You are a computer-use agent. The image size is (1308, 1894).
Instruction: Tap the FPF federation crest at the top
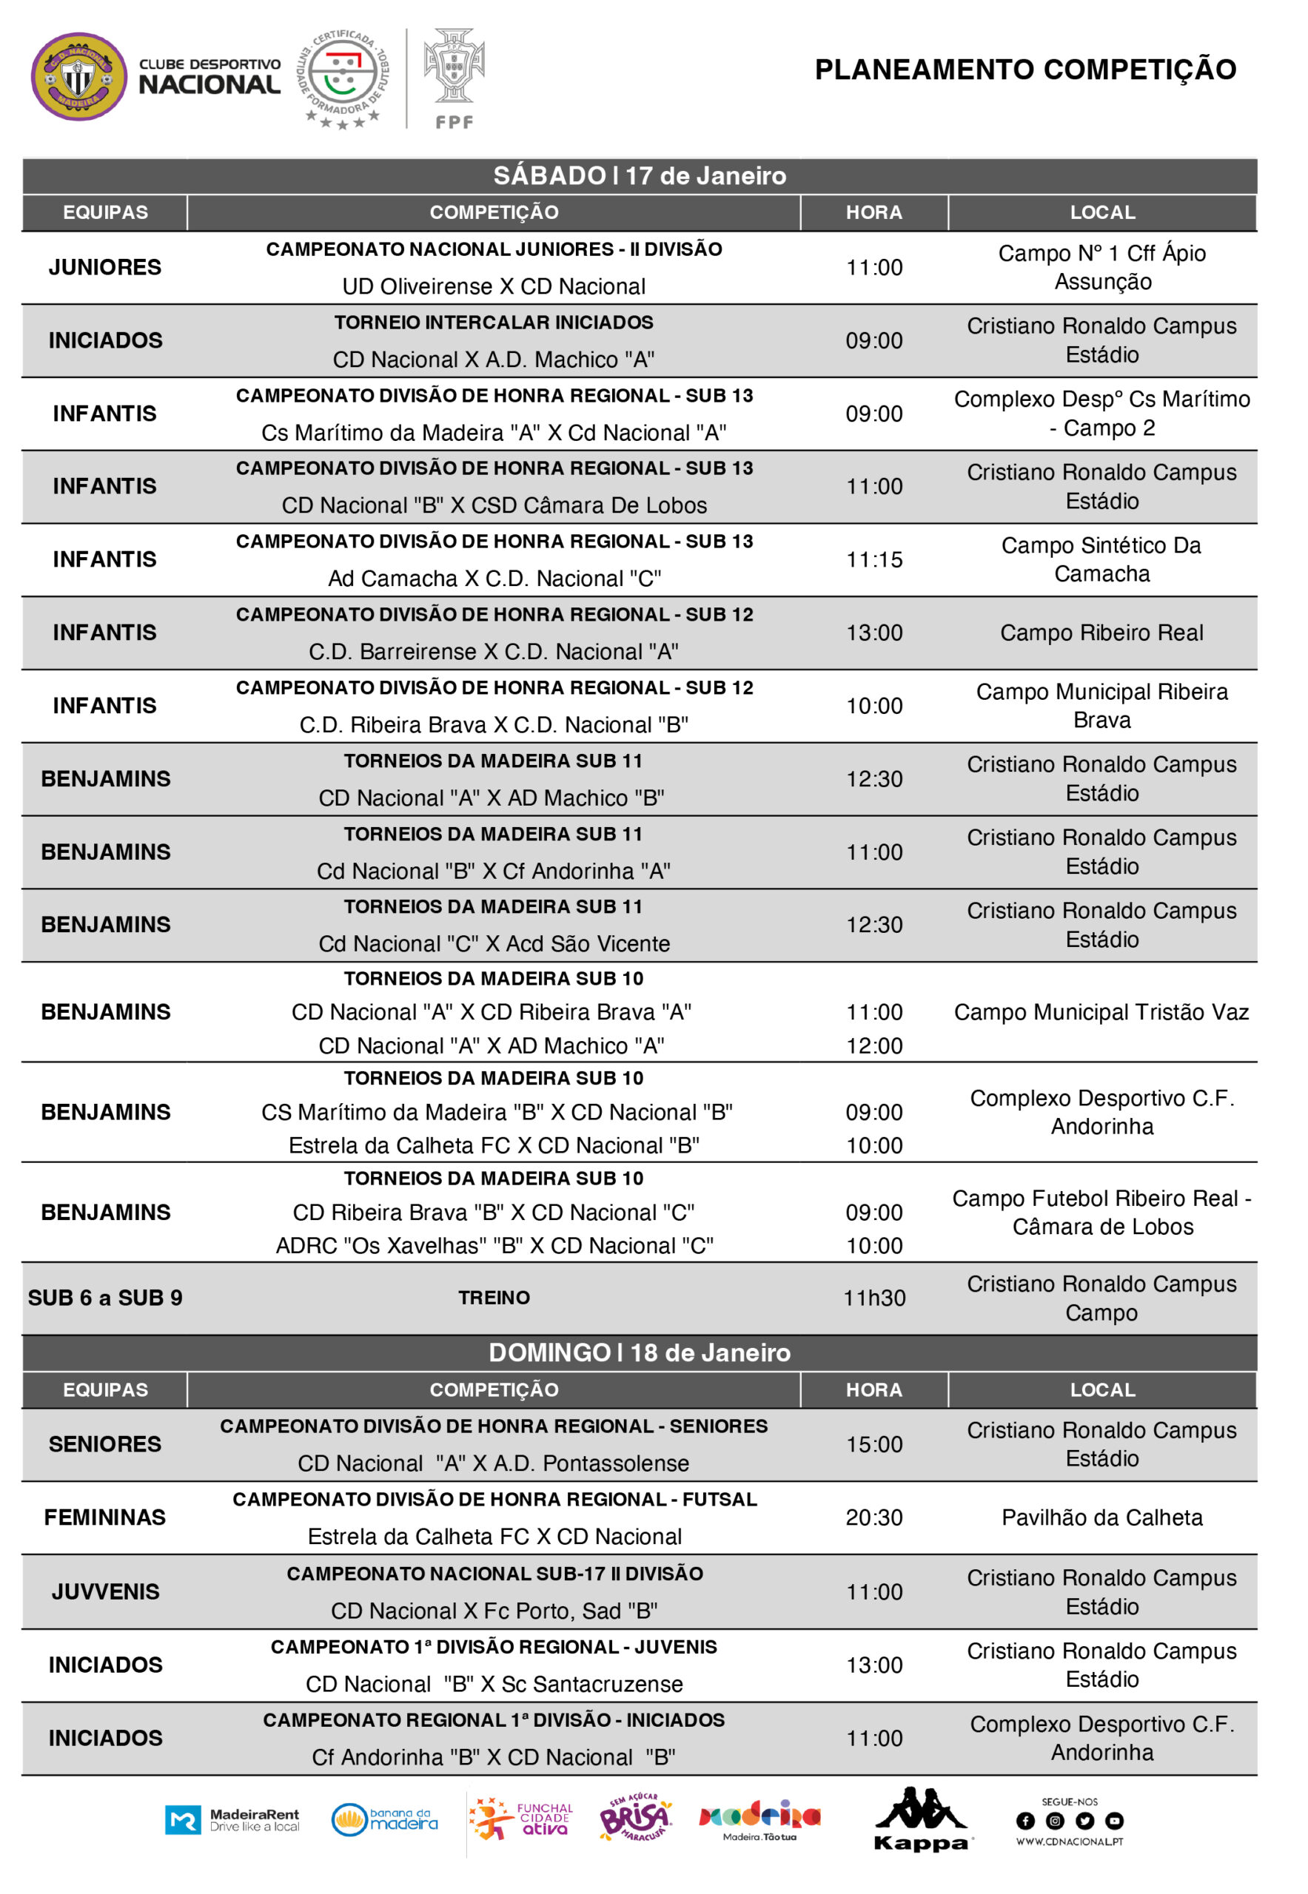point(454,78)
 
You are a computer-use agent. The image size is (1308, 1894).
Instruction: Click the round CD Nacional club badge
point(78,76)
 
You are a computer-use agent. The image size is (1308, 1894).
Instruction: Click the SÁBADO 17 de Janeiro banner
point(640,175)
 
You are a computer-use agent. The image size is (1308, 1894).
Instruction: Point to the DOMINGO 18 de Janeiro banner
point(640,1352)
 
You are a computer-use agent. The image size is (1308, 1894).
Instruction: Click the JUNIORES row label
point(105,267)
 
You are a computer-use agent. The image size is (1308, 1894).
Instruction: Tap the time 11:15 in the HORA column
point(873,559)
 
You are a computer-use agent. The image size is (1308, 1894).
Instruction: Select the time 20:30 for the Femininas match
point(873,1517)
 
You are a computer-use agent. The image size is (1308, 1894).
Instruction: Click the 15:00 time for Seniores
point(873,1444)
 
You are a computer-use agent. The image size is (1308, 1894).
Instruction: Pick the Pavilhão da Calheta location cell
point(1101,1517)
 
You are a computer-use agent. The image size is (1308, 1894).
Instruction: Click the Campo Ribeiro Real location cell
point(1101,633)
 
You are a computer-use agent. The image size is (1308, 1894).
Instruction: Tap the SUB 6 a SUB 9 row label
point(105,1298)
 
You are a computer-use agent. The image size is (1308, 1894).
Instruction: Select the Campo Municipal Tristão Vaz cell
point(1101,1011)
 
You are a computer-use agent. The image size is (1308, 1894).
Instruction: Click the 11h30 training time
point(873,1298)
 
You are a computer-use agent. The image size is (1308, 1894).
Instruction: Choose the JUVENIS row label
point(105,1591)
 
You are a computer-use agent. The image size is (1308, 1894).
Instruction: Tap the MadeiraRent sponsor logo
point(232,1819)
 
